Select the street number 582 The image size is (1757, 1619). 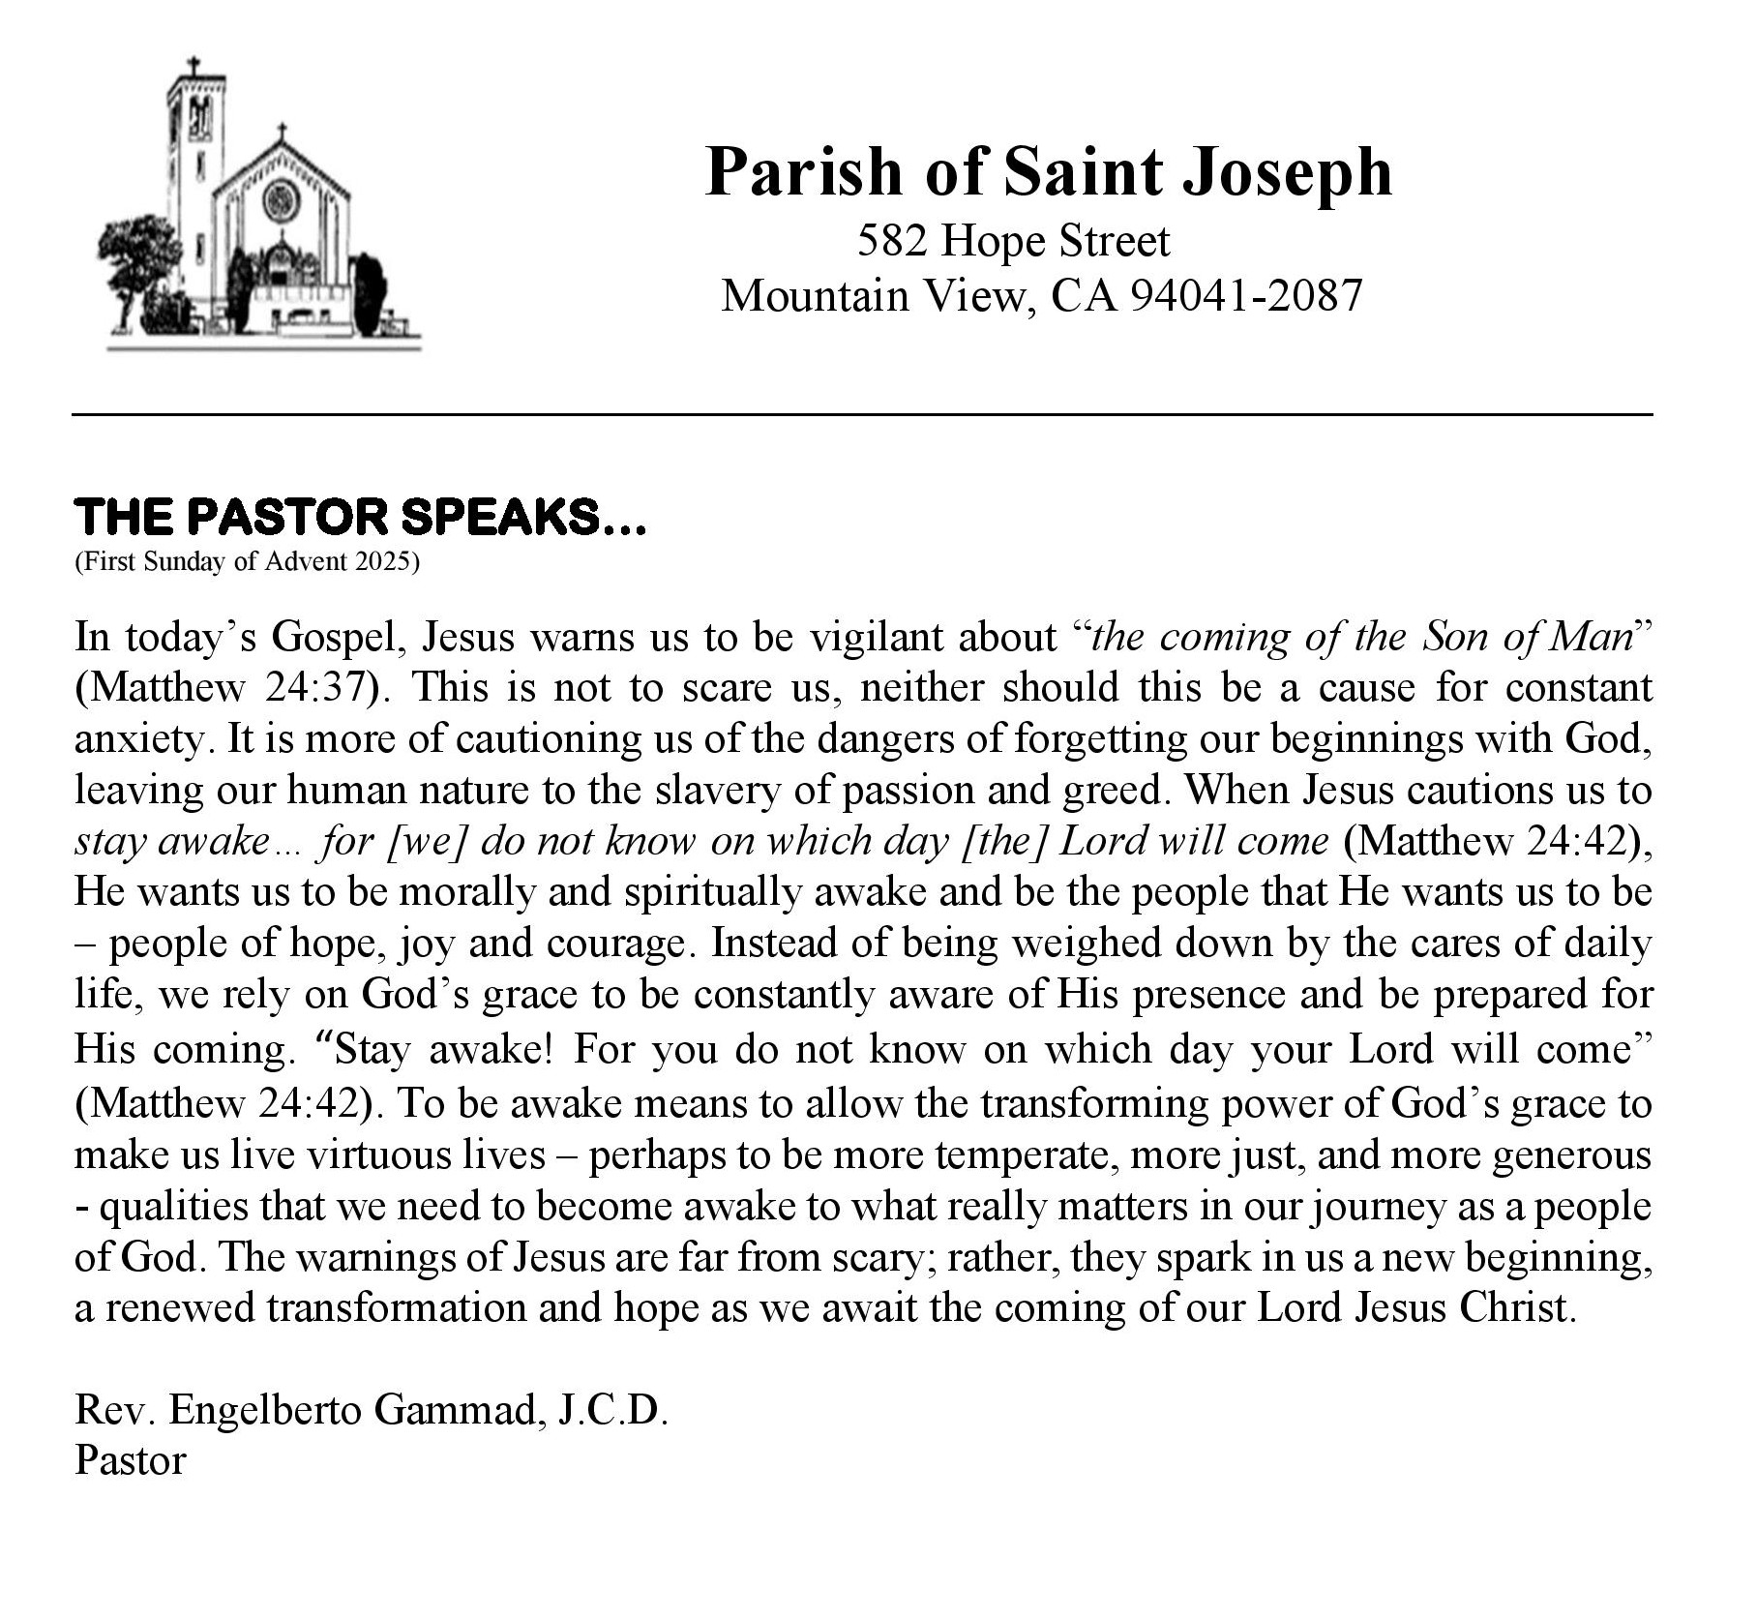(893, 241)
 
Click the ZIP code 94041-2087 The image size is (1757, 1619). (1247, 295)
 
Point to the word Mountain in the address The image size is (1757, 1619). (815, 295)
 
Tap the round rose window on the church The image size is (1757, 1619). (279, 200)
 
